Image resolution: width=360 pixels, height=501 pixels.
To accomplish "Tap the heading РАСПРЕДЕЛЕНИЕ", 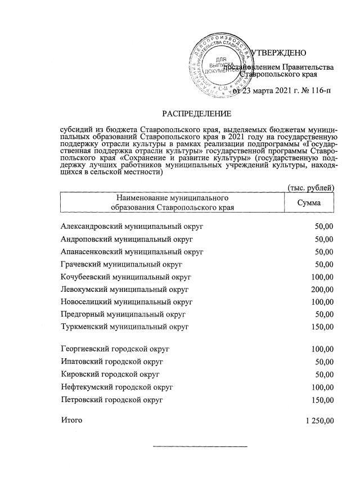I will click(197, 114).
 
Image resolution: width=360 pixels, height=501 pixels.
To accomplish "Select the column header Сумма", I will click(309, 202).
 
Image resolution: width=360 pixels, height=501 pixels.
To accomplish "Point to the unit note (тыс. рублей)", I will click(311, 187).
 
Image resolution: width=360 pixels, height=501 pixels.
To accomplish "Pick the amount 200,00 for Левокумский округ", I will click(323, 289).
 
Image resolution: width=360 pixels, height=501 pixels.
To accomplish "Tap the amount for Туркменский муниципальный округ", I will click(323, 326).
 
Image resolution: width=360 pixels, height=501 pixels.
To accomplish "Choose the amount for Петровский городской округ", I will click(323, 399).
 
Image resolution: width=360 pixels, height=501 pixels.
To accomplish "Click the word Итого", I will click(71, 420).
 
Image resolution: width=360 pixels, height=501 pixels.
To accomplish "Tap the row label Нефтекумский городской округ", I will click(116, 387).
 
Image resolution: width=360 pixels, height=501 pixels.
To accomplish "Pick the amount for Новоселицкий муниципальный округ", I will click(323, 301).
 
